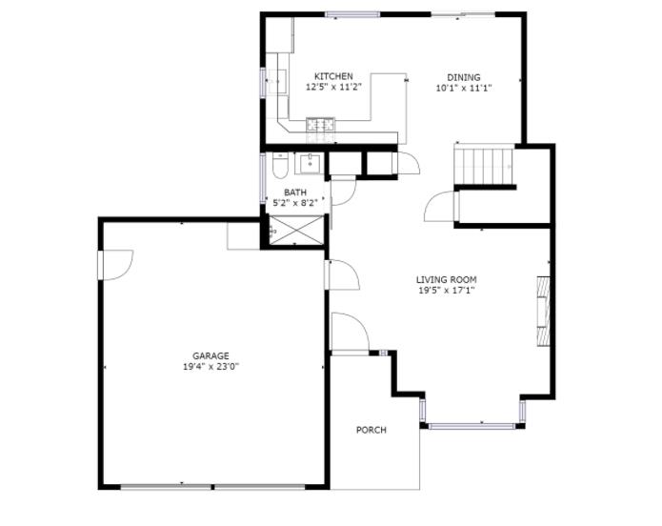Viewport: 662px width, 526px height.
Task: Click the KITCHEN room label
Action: tap(333, 76)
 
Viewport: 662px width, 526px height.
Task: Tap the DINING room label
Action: tap(464, 77)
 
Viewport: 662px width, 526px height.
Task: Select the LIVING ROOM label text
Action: tap(447, 280)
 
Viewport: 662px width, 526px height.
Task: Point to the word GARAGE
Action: tap(211, 356)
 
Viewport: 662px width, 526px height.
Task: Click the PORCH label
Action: tap(371, 430)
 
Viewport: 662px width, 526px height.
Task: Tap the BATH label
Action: tap(295, 192)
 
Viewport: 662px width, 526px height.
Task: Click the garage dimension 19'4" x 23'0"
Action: tap(211, 367)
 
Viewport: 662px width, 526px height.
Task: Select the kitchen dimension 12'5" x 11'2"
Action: tap(333, 87)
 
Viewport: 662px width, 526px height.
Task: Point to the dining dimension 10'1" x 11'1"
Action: tap(464, 89)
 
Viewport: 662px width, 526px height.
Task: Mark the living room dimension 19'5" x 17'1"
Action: tap(447, 291)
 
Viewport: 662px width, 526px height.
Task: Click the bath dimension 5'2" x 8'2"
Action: tap(295, 203)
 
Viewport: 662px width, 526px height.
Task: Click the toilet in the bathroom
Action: tap(280, 165)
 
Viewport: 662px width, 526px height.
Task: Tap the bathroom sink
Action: tap(311, 164)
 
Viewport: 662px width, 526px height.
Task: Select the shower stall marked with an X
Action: tap(295, 230)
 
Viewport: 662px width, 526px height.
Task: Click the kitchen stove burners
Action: tap(320, 124)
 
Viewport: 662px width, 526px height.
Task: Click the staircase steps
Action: tap(484, 165)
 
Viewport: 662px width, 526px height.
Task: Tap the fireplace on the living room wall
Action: tap(543, 312)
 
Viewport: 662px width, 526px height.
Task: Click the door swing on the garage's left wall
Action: tap(116, 265)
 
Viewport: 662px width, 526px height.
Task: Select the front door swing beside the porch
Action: tap(351, 332)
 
